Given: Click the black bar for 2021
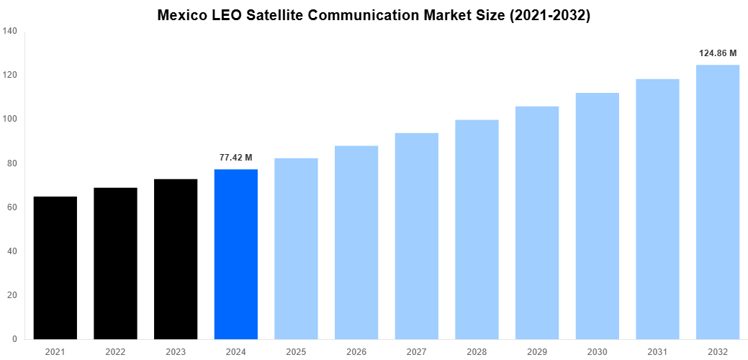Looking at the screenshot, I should pyautogui.click(x=55, y=268).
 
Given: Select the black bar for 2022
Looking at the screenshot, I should pyautogui.click(x=115, y=264).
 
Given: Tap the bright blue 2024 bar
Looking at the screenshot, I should pyautogui.click(x=236, y=254).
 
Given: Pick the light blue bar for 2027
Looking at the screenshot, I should pyautogui.click(x=417, y=236).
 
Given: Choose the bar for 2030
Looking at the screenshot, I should pyautogui.click(x=598, y=216).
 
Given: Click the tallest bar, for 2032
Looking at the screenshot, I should pyautogui.click(x=718, y=202).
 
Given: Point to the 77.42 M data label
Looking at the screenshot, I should pyautogui.click(x=236, y=157).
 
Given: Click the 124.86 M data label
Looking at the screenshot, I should pyautogui.click(x=718, y=53).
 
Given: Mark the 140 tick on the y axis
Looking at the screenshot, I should pyautogui.click(x=10, y=31).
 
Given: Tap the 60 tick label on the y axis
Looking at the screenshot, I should pyautogui.click(x=12, y=207).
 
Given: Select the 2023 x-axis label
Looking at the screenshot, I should pyautogui.click(x=176, y=351).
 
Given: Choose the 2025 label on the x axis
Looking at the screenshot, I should pyautogui.click(x=296, y=351).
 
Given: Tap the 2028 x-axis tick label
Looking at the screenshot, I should pyautogui.click(x=477, y=351).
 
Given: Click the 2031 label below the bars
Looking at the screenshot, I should pyautogui.click(x=657, y=351).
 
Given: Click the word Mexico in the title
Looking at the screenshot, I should pyautogui.click(x=182, y=16).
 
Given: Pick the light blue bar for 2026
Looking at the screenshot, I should pyautogui.click(x=356, y=243).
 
